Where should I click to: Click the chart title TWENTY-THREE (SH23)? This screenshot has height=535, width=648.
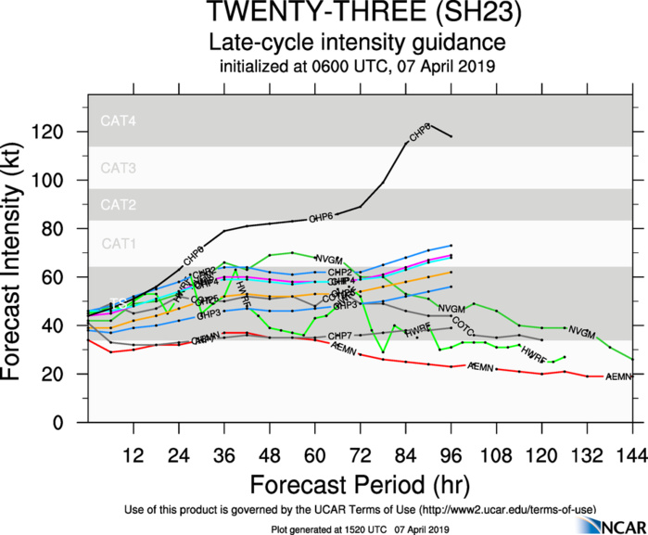(x=357, y=14)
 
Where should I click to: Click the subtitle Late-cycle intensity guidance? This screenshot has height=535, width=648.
(x=357, y=43)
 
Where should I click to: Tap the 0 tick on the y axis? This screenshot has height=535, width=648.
(x=71, y=422)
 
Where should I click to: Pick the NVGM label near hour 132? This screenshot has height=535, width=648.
(x=581, y=331)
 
